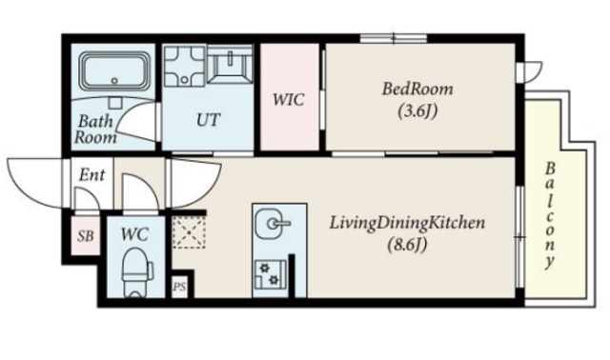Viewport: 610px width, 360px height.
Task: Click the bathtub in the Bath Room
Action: tap(114, 70)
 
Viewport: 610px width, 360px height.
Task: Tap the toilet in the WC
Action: tap(135, 272)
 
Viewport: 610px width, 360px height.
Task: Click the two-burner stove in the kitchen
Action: tap(271, 273)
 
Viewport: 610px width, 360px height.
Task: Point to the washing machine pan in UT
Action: tap(184, 66)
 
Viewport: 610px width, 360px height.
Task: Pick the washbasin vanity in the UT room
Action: tap(230, 64)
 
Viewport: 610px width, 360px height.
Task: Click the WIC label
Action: tap(288, 100)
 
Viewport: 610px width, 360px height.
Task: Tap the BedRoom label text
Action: tap(417, 89)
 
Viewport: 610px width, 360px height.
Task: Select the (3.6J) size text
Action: tap(417, 111)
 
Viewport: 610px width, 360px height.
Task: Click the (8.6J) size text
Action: tap(407, 245)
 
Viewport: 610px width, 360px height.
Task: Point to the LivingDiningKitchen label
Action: tap(407, 223)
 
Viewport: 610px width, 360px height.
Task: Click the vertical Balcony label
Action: tap(549, 216)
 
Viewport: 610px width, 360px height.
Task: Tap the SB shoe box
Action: tap(85, 235)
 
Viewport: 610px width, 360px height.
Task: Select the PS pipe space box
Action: tap(179, 287)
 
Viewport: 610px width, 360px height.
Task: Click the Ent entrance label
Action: tap(91, 175)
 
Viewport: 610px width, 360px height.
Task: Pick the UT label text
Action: tap(208, 120)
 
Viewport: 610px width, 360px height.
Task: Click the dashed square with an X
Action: tap(189, 232)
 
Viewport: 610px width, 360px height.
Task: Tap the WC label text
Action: tap(134, 234)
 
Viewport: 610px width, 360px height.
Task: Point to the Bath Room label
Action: tap(95, 130)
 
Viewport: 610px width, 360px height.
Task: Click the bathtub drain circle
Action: tap(114, 81)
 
